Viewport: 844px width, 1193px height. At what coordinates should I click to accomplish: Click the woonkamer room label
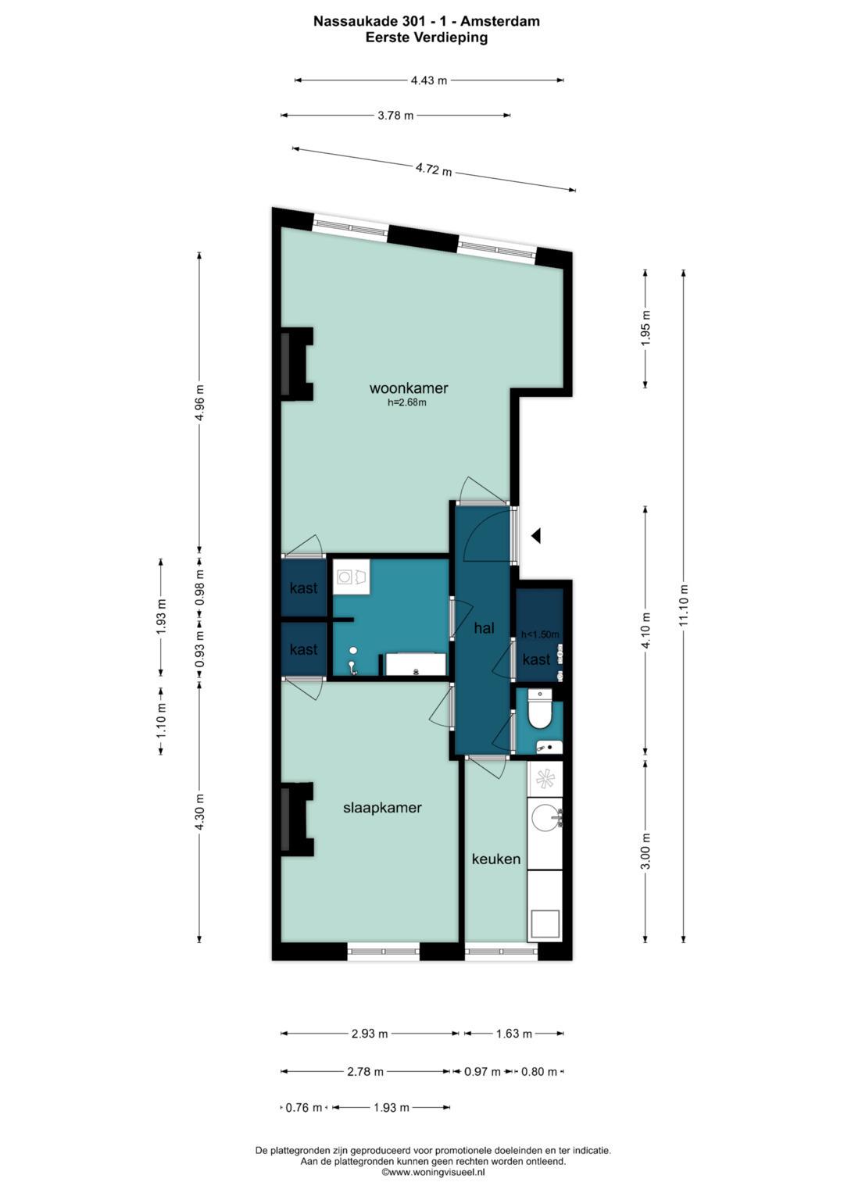[x=409, y=388]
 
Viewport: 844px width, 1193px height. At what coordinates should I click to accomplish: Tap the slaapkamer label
[x=382, y=807]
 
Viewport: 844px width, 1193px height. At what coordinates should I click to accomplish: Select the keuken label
[x=496, y=859]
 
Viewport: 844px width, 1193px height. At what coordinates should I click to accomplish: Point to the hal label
[x=484, y=628]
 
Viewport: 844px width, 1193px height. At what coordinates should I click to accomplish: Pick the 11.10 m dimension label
[x=683, y=605]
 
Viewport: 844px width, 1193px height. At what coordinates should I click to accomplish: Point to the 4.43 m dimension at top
[x=429, y=81]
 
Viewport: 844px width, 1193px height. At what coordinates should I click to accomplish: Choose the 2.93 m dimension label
[x=369, y=1034]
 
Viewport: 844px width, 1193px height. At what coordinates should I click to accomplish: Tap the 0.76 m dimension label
[x=304, y=1108]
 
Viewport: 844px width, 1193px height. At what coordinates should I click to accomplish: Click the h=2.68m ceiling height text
[x=407, y=402]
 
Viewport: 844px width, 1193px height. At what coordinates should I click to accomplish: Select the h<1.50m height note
[x=540, y=634]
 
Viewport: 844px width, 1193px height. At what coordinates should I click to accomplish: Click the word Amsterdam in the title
[x=500, y=21]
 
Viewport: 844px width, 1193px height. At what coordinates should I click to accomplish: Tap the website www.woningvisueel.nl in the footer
[x=433, y=1172]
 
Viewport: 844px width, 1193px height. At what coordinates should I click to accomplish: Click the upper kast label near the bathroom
[x=304, y=588]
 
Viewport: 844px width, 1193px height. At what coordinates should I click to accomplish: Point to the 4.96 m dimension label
[x=199, y=402]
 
